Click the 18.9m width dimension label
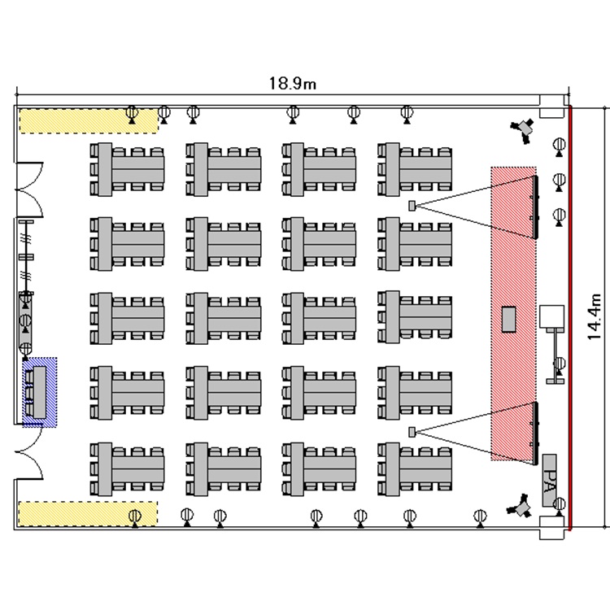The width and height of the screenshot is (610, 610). (x=293, y=83)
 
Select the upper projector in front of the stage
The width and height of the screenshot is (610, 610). (x=412, y=204)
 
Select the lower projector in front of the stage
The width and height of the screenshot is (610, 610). (x=412, y=430)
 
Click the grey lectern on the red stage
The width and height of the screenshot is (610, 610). (x=510, y=318)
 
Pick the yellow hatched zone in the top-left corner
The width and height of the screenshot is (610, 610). (x=87, y=120)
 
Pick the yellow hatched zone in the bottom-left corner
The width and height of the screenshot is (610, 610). (x=87, y=514)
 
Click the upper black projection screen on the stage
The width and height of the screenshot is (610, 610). (x=535, y=205)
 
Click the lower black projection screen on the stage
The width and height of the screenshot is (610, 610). (x=535, y=433)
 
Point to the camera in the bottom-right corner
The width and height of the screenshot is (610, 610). (x=521, y=508)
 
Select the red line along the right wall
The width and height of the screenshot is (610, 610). (x=569, y=317)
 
